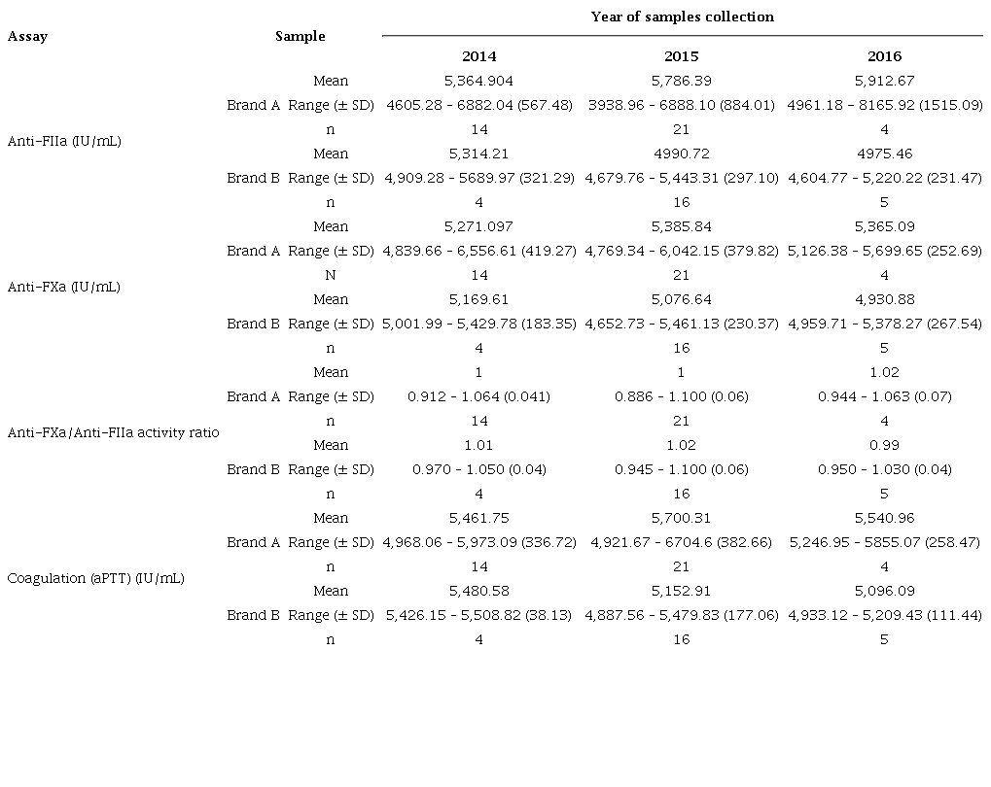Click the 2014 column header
pyautogui.click(x=478, y=56)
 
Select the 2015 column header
pyautogui.click(x=681, y=56)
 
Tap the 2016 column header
pyautogui.click(x=884, y=56)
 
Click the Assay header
pyautogui.click(x=27, y=37)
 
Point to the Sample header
pyautogui.click(x=301, y=37)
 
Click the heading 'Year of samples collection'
pyautogui.click(x=682, y=17)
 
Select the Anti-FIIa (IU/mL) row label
pyautogui.click(x=64, y=141)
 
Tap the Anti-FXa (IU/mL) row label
pyautogui.click(x=64, y=287)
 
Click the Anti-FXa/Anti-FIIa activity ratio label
pyautogui.click(x=113, y=432)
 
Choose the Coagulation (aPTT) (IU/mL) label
pyautogui.click(x=95, y=578)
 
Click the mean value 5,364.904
pyautogui.click(x=478, y=81)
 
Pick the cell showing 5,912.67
pyautogui.click(x=884, y=81)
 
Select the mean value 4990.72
pyautogui.click(x=681, y=154)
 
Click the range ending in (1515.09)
pyautogui.click(x=884, y=105)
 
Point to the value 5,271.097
pyautogui.click(x=478, y=226)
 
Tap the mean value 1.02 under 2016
pyautogui.click(x=884, y=372)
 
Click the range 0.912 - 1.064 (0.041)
pyautogui.click(x=478, y=396)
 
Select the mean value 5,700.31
pyautogui.click(x=681, y=518)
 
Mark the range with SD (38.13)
pyautogui.click(x=478, y=615)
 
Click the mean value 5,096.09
pyautogui.click(x=884, y=591)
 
